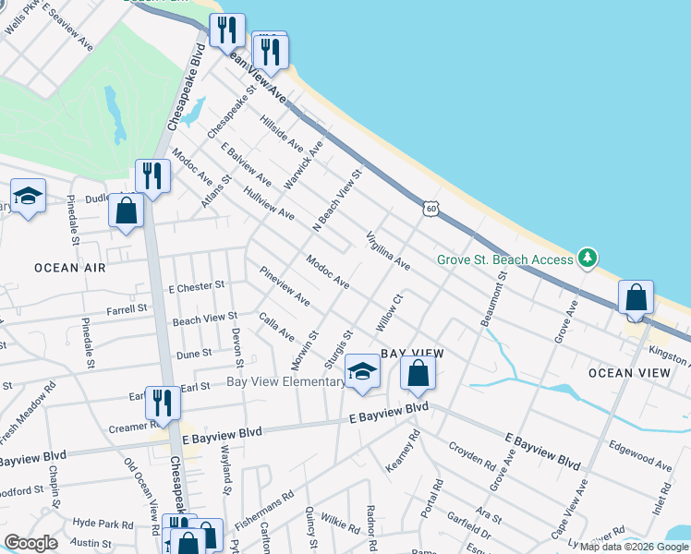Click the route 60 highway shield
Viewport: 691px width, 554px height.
[431, 209]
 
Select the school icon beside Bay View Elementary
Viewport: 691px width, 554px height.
[363, 371]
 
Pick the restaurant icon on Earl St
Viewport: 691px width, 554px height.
[164, 403]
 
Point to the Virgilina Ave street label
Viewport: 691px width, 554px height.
[388, 249]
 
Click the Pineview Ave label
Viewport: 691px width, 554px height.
[285, 286]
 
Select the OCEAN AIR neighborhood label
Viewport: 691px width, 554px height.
[69, 268]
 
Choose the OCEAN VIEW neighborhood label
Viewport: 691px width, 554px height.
[629, 373]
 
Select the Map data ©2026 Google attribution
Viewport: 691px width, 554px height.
[634, 547]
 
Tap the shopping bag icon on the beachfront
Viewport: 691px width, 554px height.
[636, 298]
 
